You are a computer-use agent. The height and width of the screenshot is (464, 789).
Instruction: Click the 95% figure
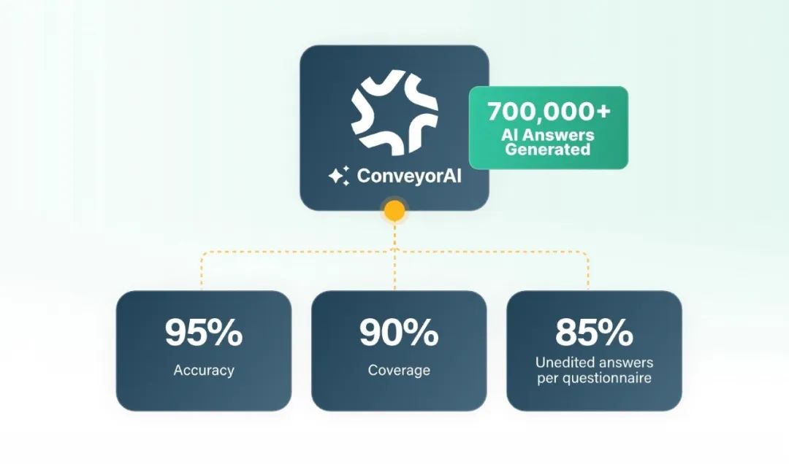[203, 333]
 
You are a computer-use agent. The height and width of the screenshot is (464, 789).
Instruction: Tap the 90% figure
[398, 333]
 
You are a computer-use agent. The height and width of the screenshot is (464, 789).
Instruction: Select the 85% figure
[593, 333]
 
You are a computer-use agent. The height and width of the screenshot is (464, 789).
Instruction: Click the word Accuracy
[203, 371]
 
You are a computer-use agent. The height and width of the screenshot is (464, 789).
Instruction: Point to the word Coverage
[398, 371]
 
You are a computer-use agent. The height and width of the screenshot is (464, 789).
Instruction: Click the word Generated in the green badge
[548, 150]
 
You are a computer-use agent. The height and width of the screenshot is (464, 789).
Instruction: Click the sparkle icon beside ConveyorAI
[338, 176]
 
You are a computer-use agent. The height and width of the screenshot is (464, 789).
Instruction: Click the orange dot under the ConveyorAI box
[394, 212]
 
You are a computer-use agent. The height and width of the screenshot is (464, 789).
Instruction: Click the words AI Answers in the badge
[548, 135]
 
